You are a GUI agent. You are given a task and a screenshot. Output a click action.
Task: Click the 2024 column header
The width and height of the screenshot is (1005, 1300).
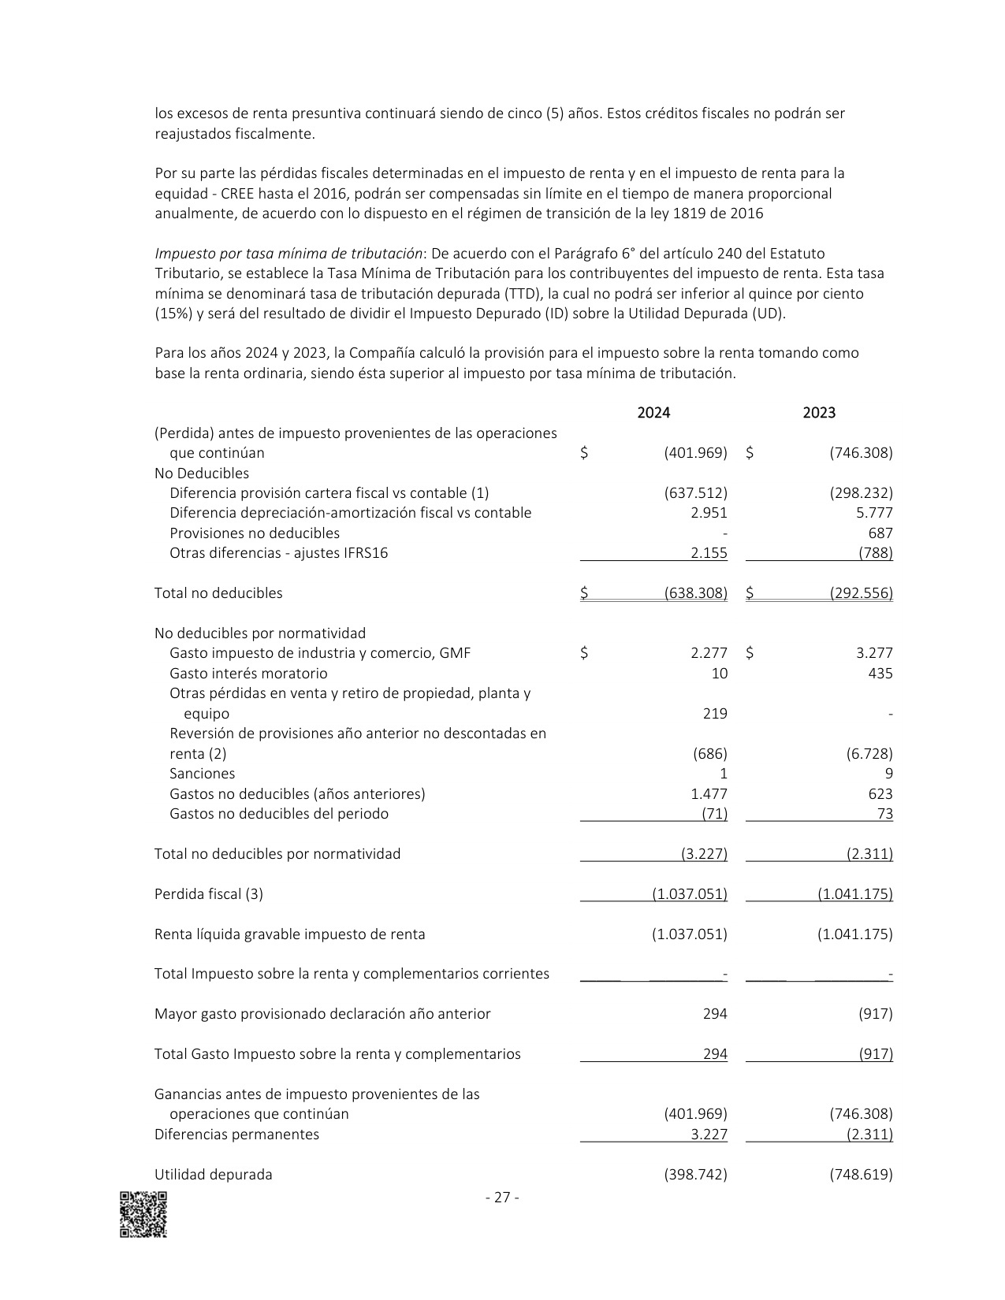[x=653, y=413]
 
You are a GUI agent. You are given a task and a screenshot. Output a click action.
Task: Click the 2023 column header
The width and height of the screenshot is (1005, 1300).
[x=819, y=413]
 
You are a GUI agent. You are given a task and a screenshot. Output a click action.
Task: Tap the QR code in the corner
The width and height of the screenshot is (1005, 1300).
[x=143, y=1214]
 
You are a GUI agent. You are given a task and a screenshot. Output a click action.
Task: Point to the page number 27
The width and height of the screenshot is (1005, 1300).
[x=501, y=1198]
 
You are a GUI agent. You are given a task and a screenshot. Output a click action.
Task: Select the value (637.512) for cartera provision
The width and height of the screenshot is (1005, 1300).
[x=695, y=493]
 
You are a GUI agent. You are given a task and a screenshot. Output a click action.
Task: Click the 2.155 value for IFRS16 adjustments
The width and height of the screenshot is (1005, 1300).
[x=709, y=553]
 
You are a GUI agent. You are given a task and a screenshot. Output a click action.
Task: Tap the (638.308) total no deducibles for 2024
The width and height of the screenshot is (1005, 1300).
[x=695, y=593]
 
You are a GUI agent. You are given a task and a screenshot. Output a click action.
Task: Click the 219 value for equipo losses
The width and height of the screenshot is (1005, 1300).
[x=715, y=714]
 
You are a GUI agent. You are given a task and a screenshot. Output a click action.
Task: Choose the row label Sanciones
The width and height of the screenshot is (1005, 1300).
[x=202, y=774]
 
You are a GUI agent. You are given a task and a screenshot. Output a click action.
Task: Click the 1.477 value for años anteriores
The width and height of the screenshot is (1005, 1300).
[x=709, y=794]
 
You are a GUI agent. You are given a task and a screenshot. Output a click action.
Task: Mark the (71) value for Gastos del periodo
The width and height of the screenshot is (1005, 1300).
[x=714, y=814]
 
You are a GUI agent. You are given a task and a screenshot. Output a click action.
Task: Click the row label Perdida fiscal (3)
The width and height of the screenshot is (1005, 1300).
[x=209, y=894]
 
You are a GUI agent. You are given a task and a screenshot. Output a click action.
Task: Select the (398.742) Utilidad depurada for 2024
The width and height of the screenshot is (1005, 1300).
[x=695, y=1175]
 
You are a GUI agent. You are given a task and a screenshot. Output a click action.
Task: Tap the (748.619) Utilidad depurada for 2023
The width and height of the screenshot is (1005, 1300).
[x=861, y=1175]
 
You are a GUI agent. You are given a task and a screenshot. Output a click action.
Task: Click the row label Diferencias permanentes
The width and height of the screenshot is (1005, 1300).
[x=236, y=1135]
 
